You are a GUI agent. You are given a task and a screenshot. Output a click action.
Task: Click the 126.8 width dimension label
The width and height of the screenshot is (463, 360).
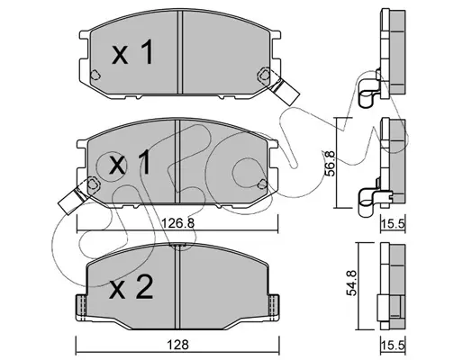click(178, 223)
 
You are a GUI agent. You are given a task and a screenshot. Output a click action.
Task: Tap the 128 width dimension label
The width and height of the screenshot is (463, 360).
click(178, 345)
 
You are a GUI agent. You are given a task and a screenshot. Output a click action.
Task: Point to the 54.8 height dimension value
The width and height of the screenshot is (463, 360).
click(351, 283)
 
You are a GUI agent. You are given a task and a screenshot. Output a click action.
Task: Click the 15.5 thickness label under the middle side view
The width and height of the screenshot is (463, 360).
click(394, 223)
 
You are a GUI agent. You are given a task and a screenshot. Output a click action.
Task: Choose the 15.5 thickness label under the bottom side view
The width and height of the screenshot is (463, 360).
click(394, 346)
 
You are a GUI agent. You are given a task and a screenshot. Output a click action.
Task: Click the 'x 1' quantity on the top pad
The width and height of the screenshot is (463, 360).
click(132, 53)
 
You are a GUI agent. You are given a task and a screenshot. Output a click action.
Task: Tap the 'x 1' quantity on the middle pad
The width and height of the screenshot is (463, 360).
click(130, 164)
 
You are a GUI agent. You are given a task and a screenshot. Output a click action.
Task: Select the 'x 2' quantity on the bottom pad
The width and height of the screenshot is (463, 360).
click(132, 287)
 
